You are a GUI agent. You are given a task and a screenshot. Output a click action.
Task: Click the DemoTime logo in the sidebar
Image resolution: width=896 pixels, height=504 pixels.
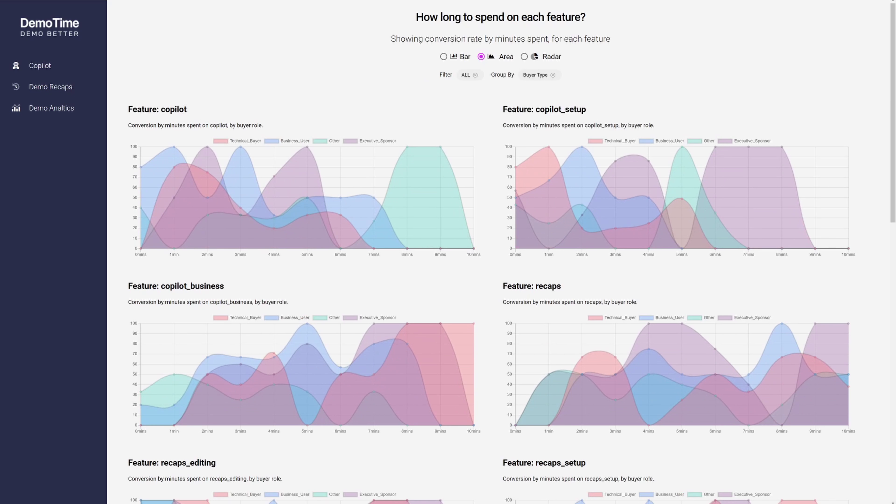click(50, 27)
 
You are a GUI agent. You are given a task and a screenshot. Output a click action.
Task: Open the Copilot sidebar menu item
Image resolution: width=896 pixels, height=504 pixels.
click(40, 66)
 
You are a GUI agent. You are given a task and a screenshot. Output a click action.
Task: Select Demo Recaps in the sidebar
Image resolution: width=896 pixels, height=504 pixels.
click(50, 87)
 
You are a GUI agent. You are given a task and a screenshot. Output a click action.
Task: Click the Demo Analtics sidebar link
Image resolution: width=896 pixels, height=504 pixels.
click(51, 108)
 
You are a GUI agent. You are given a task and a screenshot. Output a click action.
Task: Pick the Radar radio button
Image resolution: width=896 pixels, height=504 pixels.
click(524, 57)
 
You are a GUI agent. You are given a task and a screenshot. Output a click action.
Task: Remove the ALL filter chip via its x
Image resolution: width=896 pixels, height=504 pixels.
click(475, 75)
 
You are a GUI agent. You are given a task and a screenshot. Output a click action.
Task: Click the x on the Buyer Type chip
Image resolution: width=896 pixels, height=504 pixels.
click(553, 75)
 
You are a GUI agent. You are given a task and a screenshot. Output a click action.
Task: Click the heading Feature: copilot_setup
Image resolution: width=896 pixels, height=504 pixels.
click(544, 109)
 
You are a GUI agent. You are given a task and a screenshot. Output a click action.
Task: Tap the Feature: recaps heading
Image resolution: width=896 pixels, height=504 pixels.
click(532, 286)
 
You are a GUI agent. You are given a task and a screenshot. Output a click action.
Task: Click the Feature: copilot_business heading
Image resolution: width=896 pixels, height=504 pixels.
click(176, 286)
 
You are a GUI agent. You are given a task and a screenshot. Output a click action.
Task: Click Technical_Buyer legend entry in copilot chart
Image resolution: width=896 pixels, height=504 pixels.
click(238, 141)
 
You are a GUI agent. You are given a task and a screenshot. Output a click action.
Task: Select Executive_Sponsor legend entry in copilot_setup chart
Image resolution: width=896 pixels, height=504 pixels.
click(744, 141)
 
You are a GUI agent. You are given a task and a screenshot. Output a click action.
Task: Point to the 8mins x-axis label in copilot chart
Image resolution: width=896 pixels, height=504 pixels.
click(407, 255)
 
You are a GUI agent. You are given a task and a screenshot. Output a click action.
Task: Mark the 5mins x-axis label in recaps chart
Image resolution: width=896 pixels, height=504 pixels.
click(682, 431)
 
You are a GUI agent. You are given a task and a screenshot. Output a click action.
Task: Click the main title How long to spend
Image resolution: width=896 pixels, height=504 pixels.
click(500, 17)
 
